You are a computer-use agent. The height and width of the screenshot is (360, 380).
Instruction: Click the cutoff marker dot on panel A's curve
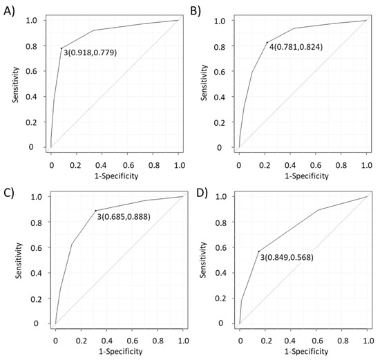pos(61,48)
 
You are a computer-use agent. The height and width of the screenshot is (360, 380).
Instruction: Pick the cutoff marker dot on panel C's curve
pos(95,210)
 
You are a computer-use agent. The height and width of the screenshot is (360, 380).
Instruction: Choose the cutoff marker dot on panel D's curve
pos(258,251)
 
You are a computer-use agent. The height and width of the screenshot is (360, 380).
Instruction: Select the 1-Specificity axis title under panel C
pos(119,352)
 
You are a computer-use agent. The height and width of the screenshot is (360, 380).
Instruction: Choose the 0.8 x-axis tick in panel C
pos(158,341)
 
